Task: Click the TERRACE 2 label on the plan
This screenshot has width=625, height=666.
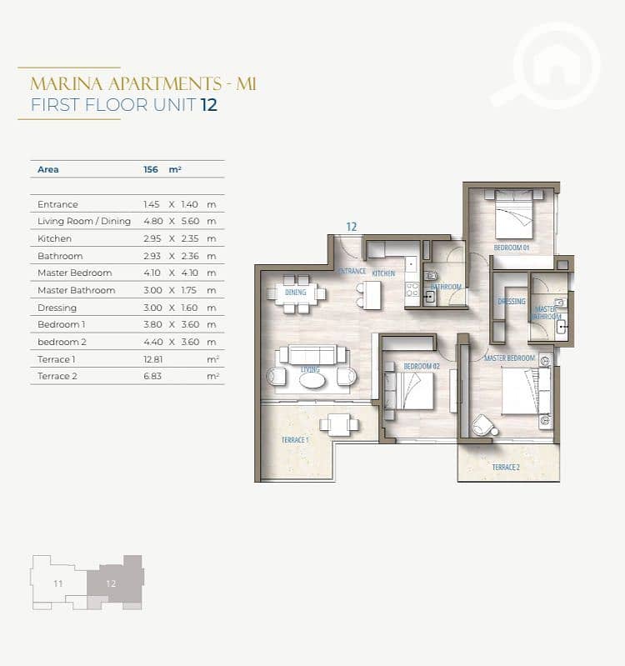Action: tap(506, 468)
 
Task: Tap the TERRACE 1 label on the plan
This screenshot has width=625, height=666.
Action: tap(295, 440)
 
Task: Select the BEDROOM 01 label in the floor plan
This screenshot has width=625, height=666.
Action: tap(511, 248)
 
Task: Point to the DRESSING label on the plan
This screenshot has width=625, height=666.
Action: tap(512, 301)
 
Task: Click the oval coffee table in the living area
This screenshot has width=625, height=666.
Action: tap(312, 381)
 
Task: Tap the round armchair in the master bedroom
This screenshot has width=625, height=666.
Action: tap(484, 425)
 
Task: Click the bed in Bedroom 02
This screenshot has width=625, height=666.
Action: tap(409, 391)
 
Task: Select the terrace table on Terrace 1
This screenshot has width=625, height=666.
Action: tap(339, 425)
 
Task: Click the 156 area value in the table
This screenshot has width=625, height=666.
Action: tap(151, 169)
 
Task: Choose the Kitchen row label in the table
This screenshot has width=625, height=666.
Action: tap(54, 238)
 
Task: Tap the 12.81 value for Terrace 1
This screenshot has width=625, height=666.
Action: tap(152, 359)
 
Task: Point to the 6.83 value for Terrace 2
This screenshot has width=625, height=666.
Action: tap(152, 376)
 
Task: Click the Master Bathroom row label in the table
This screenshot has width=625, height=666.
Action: tap(77, 291)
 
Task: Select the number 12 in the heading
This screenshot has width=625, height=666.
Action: tap(209, 105)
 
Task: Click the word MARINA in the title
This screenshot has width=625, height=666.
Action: tap(67, 83)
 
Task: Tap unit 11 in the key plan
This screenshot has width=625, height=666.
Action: tap(58, 583)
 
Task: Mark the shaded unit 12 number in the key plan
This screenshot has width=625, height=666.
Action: tap(111, 583)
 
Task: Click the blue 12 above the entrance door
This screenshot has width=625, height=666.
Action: tap(352, 227)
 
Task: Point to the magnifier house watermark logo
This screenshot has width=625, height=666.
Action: tap(547, 66)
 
